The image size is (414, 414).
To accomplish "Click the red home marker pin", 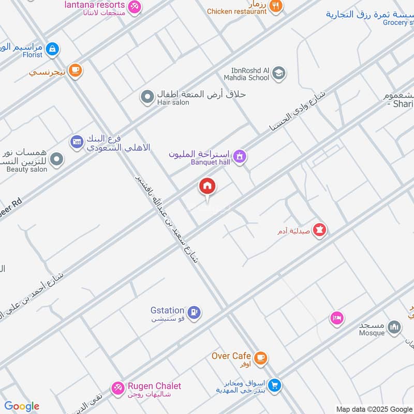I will tap(208, 186).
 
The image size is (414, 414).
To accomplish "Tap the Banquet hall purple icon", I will tap(239, 156).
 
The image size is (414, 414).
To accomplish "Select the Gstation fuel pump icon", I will tap(195, 312).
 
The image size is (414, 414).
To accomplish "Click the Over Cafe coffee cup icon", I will tap(261, 357).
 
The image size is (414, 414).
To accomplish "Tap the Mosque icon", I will tap(395, 327).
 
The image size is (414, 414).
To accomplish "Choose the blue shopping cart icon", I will tap(274, 385).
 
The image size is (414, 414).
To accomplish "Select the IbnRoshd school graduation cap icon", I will tap(278, 73).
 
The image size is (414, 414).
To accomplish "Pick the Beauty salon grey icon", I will tap(57, 159).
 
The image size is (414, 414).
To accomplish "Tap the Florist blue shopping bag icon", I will tap(52, 50).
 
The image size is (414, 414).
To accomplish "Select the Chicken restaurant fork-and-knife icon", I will tap(276, 6).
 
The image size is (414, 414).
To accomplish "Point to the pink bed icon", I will tap(337, 318).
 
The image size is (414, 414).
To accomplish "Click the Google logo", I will tap(22, 406).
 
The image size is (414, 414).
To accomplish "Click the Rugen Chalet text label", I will tap(154, 386).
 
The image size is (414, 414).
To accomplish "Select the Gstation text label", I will tap(167, 310).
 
